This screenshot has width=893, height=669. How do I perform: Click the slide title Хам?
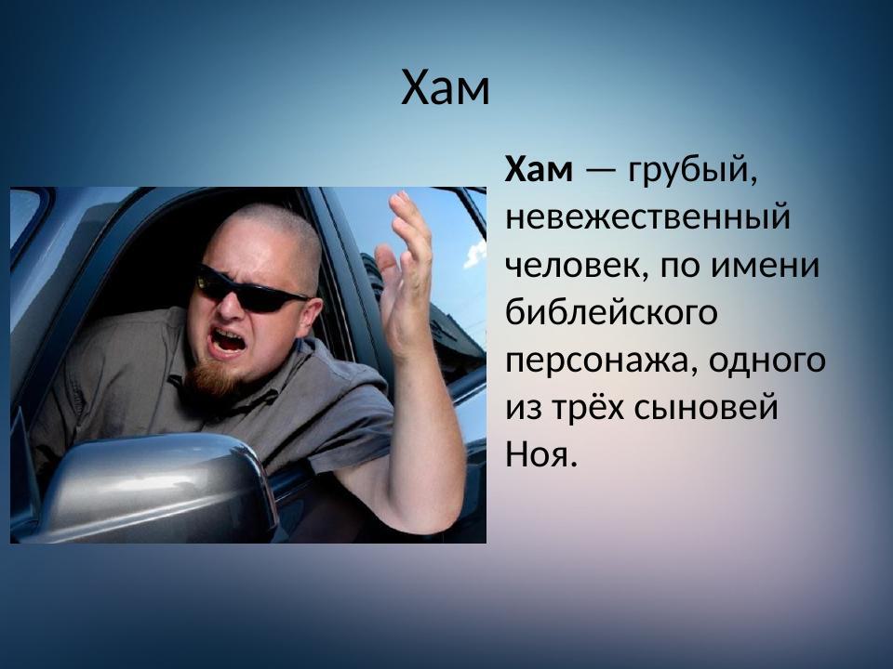445,89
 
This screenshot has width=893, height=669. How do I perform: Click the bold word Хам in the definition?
540,171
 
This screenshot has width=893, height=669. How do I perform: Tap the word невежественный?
646,219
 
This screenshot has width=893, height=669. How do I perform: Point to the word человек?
577,268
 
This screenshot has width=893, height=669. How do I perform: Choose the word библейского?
611,314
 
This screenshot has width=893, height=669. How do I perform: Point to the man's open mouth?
226,341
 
